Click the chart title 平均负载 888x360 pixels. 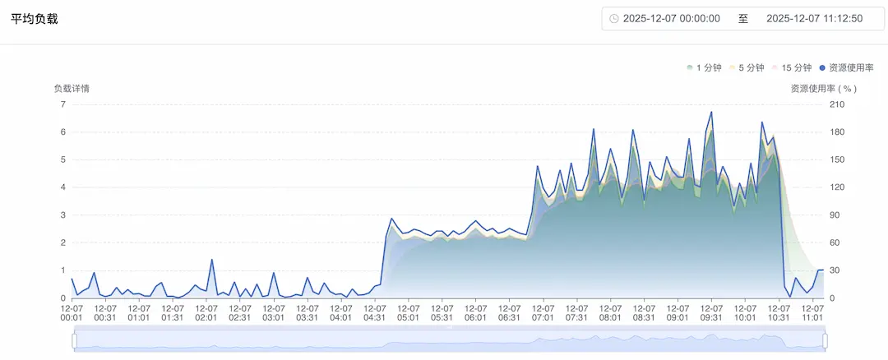pyautogui.click(x=34, y=18)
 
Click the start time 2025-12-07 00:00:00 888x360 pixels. pyautogui.click(x=672, y=18)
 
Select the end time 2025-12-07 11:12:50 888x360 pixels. pyautogui.click(x=814, y=18)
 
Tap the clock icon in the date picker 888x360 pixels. pyautogui.click(x=614, y=18)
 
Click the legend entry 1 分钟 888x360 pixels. pyautogui.click(x=705, y=67)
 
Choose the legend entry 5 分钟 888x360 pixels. pyautogui.click(x=747, y=67)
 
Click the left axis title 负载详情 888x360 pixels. pyautogui.click(x=72, y=88)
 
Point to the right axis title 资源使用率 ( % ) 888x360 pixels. pyautogui.click(x=823, y=88)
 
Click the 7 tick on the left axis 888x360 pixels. pyautogui.click(x=62, y=104)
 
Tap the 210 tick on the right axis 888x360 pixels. pyautogui.click(x=838, y=104)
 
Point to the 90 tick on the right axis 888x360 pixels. pyautogui.click(x=835, y=215)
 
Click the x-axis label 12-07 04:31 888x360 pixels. pyautogui.click(x=374, y=312)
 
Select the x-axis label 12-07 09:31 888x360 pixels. pyautogui.click(x=711, y=312)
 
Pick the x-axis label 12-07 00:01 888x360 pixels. pyautogui.click(x=72, y=312)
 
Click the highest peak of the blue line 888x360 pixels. pyautogui.click(x=711, y=112)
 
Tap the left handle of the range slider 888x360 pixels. pyautogui.click(x=74, y=340)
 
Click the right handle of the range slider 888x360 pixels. pyautogui.click(x=825, y=340)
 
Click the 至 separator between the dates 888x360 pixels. pyautogui.click(x=743, y=18)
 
